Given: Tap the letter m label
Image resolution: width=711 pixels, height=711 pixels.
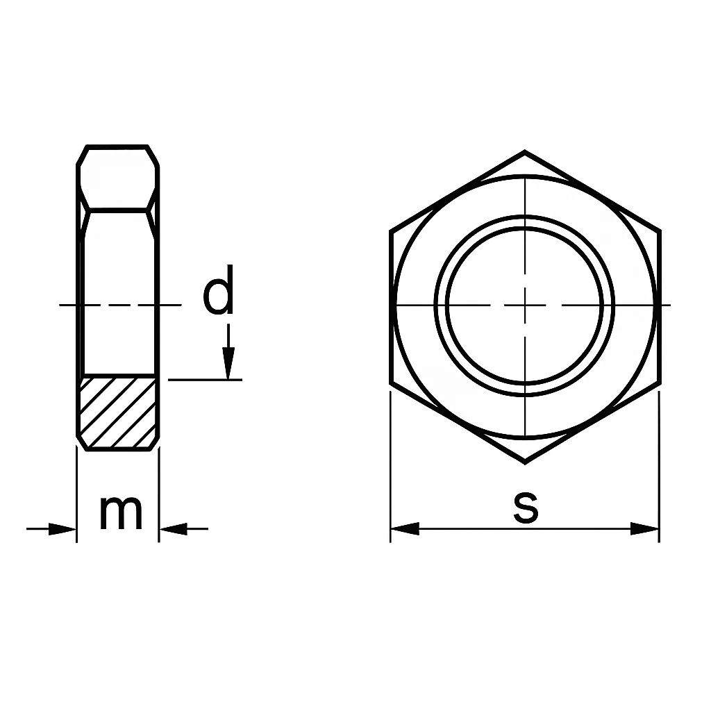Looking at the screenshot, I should [x=120, y=512].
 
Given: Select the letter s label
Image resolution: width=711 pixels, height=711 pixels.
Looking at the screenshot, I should [x=526, y=507].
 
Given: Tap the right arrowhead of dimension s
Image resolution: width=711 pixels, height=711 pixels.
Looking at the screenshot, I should [x=645, y=529].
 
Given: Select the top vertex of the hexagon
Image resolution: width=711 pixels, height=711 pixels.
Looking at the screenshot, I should [x=524, y=151].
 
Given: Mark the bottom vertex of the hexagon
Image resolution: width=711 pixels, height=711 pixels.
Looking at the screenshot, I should [x=524, y=462].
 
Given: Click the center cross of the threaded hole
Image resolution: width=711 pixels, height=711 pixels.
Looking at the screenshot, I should [x=525, y=305].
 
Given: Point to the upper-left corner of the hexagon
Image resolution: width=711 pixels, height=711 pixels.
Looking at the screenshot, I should [x=391, y=231].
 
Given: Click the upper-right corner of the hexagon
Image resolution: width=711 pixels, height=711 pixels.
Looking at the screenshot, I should [x=659, y=231].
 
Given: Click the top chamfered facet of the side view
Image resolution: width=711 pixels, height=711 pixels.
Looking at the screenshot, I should [x=117, y=176].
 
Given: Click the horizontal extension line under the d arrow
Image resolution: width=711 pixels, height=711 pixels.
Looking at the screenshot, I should [x=205, y=380].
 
